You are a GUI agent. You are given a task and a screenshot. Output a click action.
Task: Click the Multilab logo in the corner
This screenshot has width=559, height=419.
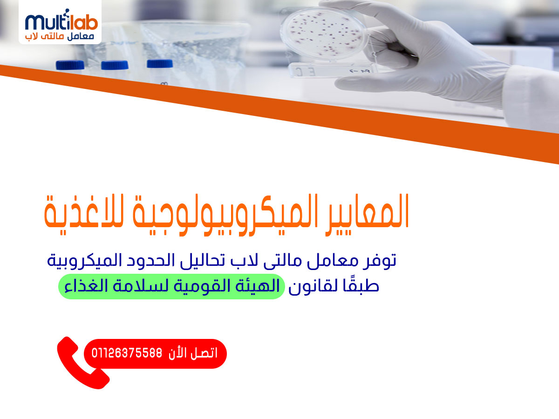point(60,22)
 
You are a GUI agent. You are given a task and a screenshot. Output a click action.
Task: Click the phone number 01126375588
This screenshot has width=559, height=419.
point(127,353)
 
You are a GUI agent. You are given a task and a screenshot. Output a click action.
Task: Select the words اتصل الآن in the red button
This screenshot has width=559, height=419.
point(193,353)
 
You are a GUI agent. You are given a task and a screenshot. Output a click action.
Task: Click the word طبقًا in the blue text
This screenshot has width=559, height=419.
point(361,286)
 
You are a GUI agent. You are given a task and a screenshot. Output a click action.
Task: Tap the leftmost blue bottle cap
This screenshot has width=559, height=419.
point(70,65)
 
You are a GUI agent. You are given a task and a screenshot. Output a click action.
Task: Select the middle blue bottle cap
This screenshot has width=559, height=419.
point(115,65)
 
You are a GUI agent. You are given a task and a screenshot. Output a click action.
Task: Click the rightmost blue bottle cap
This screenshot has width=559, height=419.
point(160,64)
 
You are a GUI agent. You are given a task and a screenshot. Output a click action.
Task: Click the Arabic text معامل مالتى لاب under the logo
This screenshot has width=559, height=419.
point(59,36)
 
